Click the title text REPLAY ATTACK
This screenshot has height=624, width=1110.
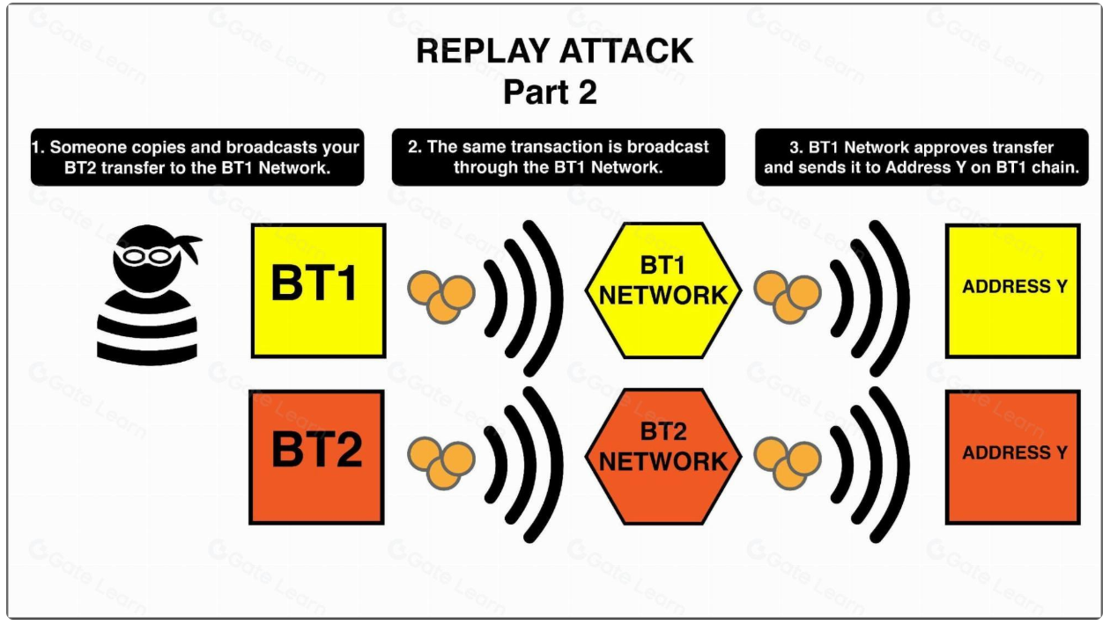pos(554,51)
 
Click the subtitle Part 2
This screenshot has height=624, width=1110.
pos(550,92)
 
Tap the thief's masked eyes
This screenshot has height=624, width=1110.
pos(146,256)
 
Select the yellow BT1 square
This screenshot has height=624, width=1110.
pos(319,290)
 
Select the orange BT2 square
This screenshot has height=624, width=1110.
pos(316,457)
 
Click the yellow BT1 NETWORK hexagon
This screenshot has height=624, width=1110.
pos(663,290)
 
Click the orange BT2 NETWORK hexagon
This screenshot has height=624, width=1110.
pos(663,457)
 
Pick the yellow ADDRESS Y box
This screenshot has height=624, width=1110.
pos(1013,290)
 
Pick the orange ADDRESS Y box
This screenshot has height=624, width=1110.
pos(1013,457)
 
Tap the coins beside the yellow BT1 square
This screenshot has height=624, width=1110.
pos(441,297)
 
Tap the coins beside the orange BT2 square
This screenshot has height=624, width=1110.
pos(441,463)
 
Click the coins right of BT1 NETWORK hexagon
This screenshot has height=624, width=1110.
pos(788,297)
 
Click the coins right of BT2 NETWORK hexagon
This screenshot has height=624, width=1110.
pos(788,463)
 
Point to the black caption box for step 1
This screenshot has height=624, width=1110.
pos(197,157)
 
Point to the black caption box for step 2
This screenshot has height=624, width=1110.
pos(559,157)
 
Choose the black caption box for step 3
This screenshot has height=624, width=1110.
pos(921,157)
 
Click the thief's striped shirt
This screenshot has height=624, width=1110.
pos(147,328)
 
